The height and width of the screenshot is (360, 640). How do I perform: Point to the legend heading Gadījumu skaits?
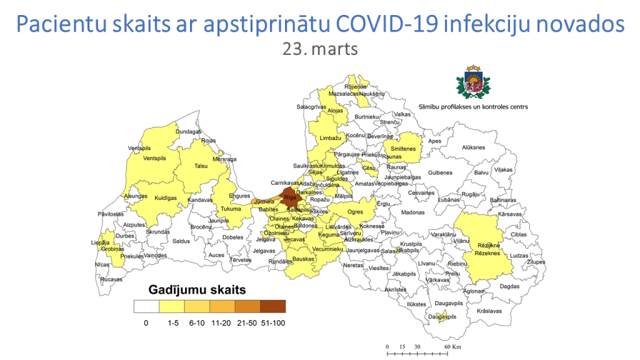click(x=197, y=290)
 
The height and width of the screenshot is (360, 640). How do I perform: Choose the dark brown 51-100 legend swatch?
click(x=272, y=306)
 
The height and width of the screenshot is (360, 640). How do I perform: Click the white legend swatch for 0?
click(x=146, y=306)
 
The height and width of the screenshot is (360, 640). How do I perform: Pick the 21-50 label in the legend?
click(x=247, y=323)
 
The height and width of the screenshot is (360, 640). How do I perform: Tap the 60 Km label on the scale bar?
click(x=453, y=346)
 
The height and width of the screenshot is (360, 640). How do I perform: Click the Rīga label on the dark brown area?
click(x=290, y=197)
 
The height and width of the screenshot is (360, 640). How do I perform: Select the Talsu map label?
click(x=201, y=166)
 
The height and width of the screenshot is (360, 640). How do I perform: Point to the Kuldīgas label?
click(x=166, y=198)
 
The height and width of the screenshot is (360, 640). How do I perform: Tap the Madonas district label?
click(x=412, y=212)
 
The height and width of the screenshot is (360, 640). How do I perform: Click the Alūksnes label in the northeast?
click(x=473, y=147)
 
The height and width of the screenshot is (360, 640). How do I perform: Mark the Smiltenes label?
click(x=403, y=149)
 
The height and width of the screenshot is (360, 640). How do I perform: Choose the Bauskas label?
click(x=303, y=259)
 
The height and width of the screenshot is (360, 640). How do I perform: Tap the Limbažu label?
click(x=330, y=137)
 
